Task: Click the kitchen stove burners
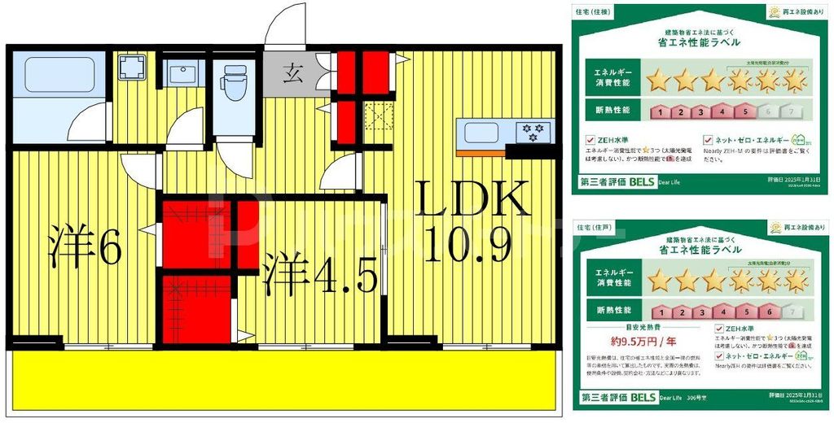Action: (534, 132)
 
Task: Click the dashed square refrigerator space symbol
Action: (378, 116)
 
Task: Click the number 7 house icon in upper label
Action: (790, 112)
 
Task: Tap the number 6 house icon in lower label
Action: (766, 312)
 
